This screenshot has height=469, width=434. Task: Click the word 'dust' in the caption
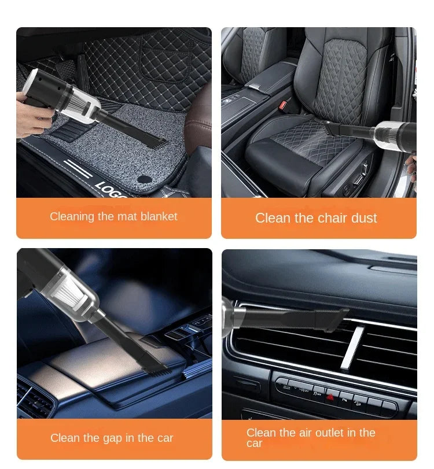[x=363, y=218]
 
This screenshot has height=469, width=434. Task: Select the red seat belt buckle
[x=284, y=106]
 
